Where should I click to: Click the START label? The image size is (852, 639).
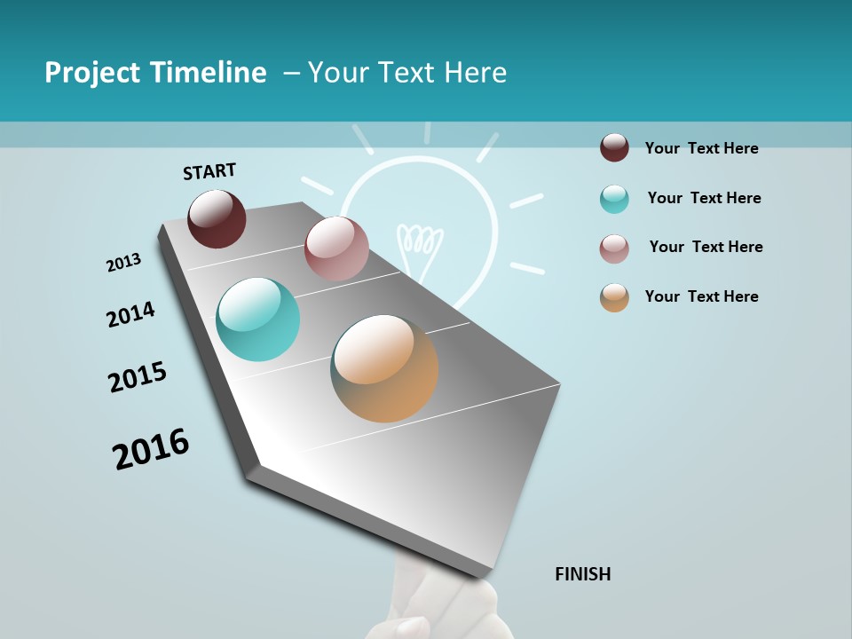209,170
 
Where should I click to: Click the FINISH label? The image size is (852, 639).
583,574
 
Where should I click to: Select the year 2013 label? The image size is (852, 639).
123,262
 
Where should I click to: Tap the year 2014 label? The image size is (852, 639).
130,314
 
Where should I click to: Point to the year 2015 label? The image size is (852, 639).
138,377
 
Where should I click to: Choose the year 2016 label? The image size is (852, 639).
151,448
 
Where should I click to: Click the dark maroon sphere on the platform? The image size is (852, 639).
217,218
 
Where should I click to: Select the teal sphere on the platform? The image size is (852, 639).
258,319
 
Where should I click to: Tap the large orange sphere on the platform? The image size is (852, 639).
384,368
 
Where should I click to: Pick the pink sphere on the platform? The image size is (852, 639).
336,248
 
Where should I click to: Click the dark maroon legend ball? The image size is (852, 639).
614,147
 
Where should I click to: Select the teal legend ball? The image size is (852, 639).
614,199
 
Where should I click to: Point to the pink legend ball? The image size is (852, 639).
614,248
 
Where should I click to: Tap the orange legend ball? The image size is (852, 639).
614,298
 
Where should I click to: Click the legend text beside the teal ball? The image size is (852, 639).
704,198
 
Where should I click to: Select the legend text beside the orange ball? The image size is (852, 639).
701,296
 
